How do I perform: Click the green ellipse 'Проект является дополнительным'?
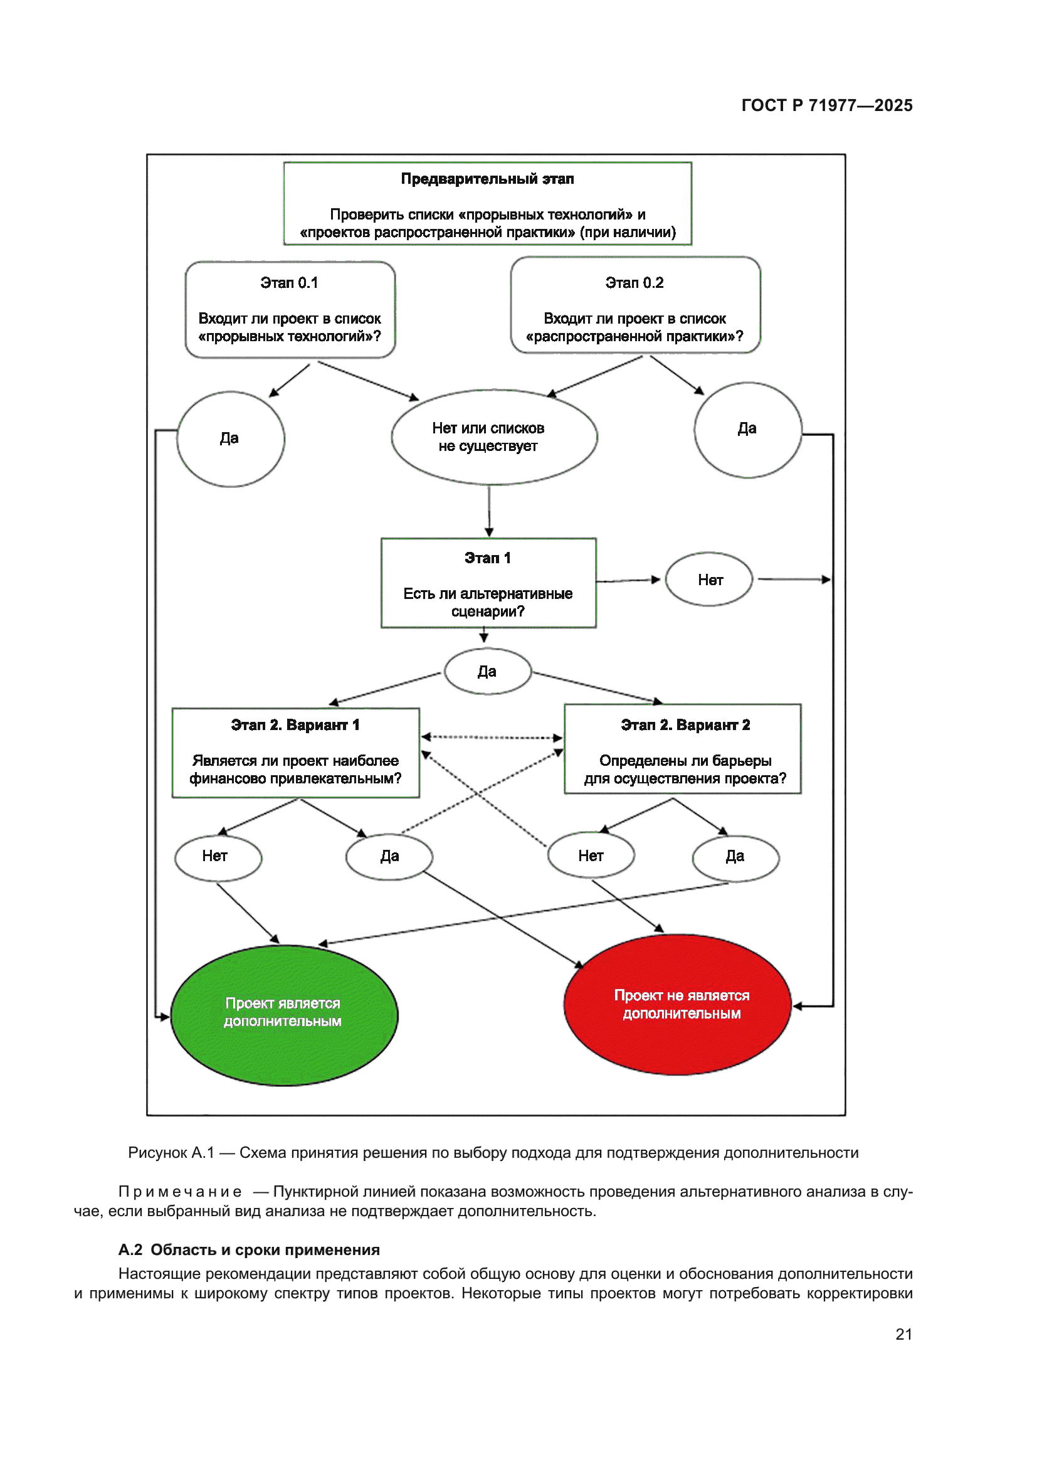(x=284, y=1015)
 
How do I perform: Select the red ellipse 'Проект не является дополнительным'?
(x=678, y=1004)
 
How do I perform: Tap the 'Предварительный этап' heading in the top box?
(x=487, y=179)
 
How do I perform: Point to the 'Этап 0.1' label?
(x=289, y=283)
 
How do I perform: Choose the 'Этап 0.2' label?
(x=634, y=283)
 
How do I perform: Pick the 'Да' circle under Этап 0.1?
(x=231, y=439)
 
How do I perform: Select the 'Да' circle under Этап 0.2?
(x=748, y=430)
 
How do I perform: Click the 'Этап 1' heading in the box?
(x=488, y=558)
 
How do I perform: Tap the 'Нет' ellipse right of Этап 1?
(x=710, y=580)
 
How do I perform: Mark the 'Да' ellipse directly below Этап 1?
(x=488, y=672)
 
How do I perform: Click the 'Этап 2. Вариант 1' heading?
(x=295, y=725)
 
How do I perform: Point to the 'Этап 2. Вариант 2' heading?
(x=685, y=725)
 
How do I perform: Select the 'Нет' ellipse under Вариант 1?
(x=218, y=857)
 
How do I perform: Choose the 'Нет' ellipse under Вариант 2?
(x=591, y=856)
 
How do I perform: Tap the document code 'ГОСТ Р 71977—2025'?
(x=826, y=105)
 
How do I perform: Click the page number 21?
(x=903, y=1334)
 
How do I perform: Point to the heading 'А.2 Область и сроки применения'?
(x=249, y=1250)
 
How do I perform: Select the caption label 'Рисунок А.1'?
(x=171, y=1153)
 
